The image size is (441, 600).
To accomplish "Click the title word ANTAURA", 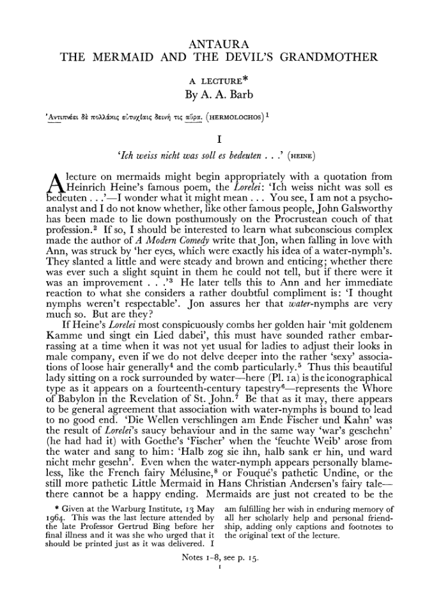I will [219, 44].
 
